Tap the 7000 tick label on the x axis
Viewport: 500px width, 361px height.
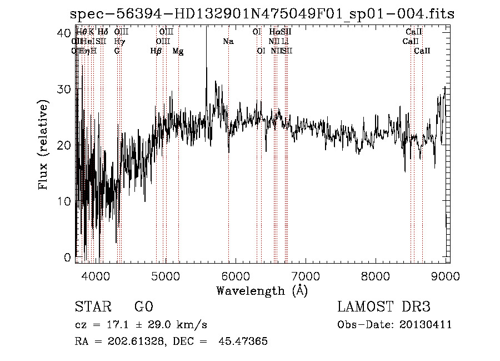[x=305, y=275]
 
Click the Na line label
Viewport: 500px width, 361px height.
[x=228, y=42]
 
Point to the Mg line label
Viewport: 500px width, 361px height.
[x=178, y=51]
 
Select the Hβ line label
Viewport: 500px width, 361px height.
[x=156, y=51]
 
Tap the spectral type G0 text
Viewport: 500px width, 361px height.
[x=143, y=307]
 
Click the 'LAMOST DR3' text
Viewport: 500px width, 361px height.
[x=384, y=307]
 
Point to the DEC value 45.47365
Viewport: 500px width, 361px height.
[x=244, y=342]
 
